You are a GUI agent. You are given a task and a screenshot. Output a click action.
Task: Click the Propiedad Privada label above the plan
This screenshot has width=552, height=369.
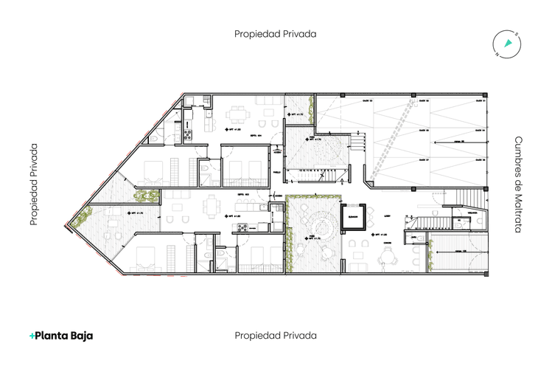(276, 33)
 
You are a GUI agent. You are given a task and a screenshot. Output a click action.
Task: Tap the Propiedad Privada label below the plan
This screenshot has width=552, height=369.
(276, 335)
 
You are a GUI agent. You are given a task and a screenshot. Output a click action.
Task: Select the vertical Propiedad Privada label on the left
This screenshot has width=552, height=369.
(34, 184)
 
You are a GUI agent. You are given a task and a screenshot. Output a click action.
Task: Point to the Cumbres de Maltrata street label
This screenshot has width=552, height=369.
(517, 184)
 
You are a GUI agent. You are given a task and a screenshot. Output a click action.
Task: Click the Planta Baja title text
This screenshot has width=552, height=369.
(65, 335)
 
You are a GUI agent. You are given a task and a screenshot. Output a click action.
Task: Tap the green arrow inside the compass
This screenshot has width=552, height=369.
(507, 44)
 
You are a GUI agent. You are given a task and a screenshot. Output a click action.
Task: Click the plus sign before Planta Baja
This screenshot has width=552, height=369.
(32, 335)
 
